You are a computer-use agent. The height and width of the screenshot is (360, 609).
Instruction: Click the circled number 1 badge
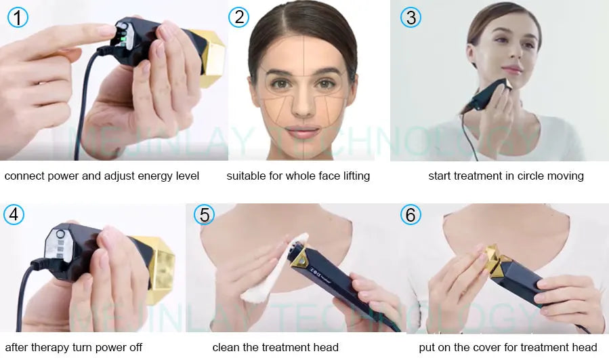[18, 17]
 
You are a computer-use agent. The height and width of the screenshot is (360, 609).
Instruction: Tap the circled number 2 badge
[238, 17]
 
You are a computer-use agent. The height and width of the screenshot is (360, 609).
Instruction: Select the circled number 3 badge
[411, 17]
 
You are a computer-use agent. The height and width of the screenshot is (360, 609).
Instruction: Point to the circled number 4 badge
[14, 215]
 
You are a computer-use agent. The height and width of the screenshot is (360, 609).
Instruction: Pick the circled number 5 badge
[204, 215]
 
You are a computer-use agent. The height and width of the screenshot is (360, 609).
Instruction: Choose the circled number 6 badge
[411, 215]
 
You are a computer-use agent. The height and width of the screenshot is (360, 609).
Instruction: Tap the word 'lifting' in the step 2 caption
[353, 176]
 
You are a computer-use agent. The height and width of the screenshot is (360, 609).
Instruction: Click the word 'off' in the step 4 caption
[134, 348]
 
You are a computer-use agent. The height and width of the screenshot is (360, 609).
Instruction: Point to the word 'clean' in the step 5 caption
[227, 348]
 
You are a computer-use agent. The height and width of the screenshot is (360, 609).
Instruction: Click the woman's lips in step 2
[303, 131]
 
